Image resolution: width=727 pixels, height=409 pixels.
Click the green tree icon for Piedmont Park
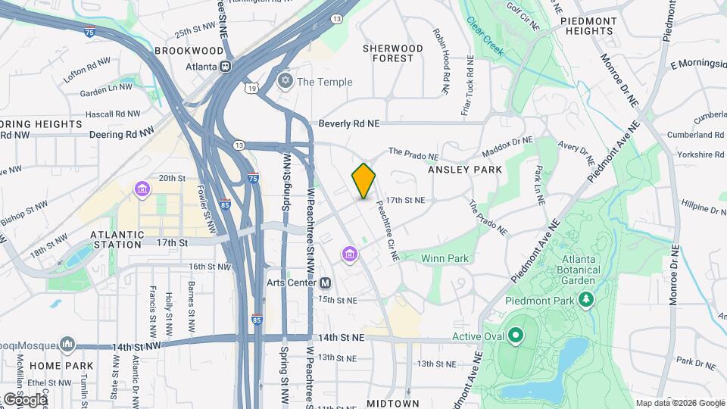pyautogui.click(x=585, y=301)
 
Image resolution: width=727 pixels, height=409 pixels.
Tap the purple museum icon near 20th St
pyautogui.click(x=142, y=189)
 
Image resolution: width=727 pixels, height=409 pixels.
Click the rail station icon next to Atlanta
pyautogui.click(x=225, y=66)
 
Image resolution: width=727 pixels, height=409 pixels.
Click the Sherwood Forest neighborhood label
pyautogui.click(x=392, y=53)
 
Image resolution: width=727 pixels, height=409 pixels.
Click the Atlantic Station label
pyautogui.click(x=116, y=239)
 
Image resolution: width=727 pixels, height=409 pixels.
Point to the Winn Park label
pyautogui.click(x=445, y=258)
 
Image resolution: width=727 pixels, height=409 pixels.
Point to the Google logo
pyautogui.click(x=24, y=399)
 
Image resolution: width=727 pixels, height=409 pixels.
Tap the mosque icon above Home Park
pyautogui.click(x=67, y=345)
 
